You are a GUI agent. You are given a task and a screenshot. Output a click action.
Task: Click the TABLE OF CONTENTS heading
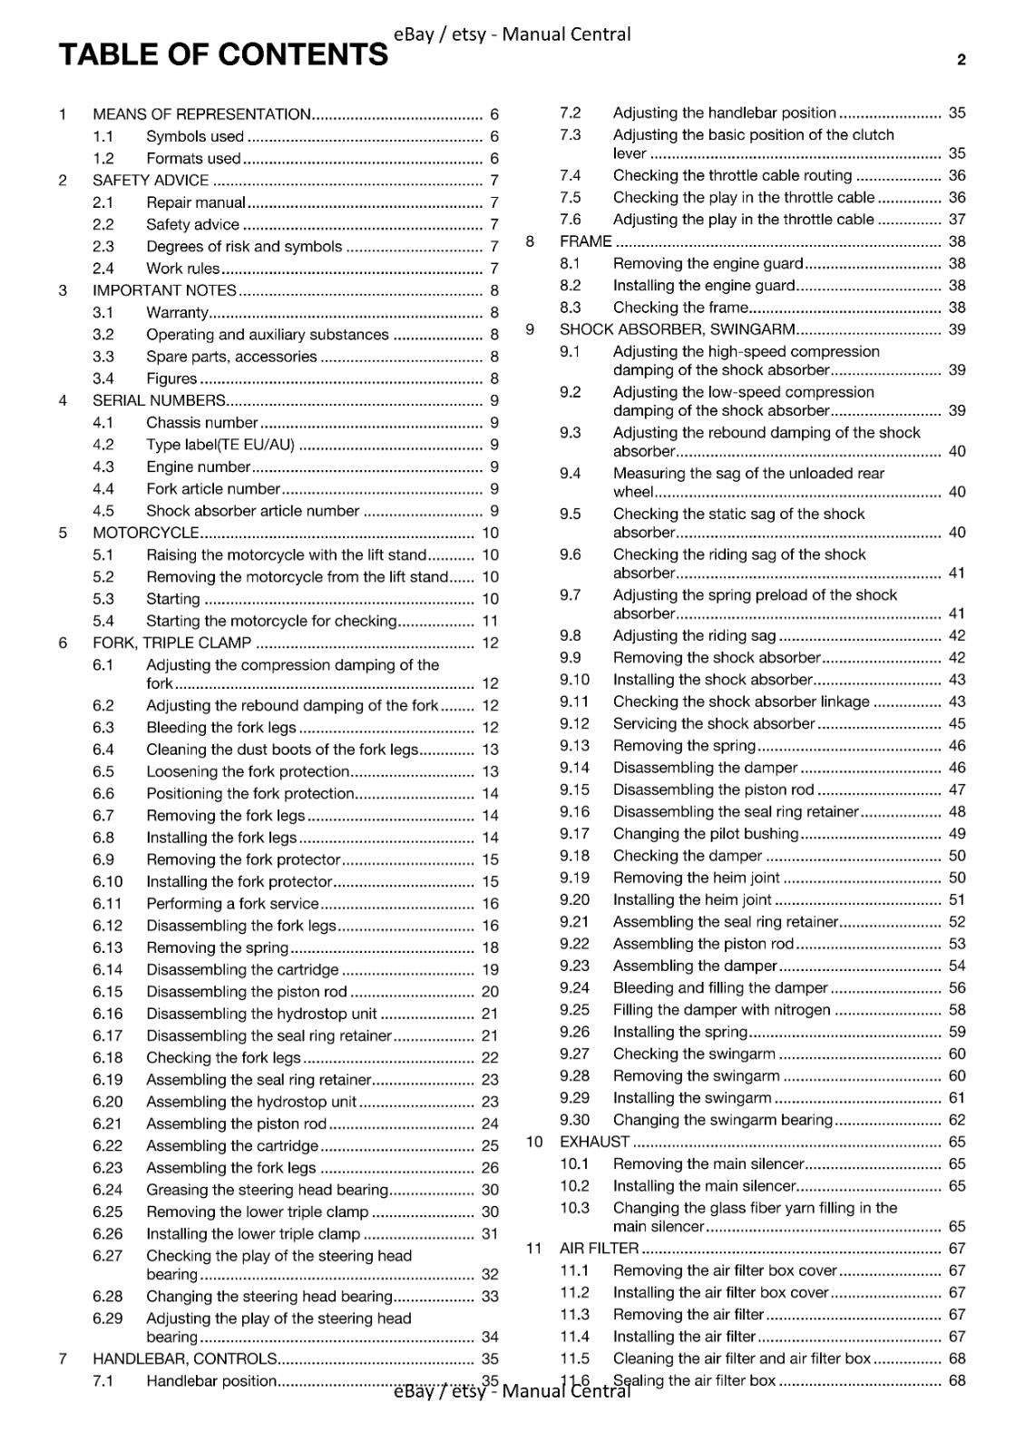pos(223,55)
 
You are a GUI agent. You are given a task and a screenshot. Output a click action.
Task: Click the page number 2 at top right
pos(961,61)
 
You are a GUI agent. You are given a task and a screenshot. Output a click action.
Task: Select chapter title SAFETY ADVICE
pos(151,181)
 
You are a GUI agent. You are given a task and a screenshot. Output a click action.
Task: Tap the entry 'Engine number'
pos(198,467)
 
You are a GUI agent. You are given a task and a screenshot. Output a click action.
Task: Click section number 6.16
pos(107,1015)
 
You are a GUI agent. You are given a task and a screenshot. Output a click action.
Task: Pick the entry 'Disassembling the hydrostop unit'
pos(261,1015)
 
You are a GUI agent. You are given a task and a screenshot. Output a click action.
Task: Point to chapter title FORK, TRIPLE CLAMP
pos(172,643)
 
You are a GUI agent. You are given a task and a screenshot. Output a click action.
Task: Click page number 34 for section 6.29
pos(490,1338)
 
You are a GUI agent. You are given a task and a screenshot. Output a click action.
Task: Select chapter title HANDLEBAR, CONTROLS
pos(185,1359)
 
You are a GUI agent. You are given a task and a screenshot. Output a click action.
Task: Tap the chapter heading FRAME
pos(586,241)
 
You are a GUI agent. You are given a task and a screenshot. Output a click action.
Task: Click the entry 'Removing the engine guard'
pos(708,264)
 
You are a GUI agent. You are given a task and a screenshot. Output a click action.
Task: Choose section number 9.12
pos(574,724)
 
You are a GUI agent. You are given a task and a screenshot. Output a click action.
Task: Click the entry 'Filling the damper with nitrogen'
pos(721,1010)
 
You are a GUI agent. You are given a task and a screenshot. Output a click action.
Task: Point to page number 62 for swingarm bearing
pos(957,1121)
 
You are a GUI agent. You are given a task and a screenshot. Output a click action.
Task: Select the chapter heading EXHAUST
pos(594,1143)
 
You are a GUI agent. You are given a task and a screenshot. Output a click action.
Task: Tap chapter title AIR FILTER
pos(599,1249)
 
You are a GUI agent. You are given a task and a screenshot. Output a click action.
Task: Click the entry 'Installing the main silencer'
pos(704,1186)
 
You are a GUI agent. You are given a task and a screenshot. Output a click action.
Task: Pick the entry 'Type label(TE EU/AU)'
pos(220,446)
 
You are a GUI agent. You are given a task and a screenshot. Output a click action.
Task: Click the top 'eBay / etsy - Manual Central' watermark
pos(512,34)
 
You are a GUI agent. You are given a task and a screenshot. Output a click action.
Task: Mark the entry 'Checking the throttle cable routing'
pos(732,176)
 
